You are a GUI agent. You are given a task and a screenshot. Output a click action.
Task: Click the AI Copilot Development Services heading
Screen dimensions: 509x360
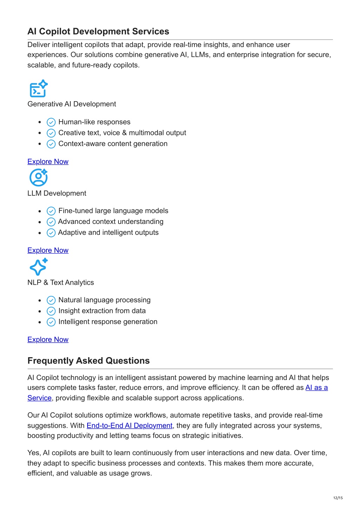pyautogui.click(x=98, y=32)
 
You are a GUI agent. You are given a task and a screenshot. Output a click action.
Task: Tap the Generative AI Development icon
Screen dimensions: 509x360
pyautogui.click(x=38, y=89)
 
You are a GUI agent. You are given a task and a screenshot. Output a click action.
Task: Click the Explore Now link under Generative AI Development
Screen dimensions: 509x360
pyautogui.click(x=48, y=162)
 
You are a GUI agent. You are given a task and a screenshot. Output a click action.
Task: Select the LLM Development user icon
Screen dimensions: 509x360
pyautogui.click(x=38, y=178)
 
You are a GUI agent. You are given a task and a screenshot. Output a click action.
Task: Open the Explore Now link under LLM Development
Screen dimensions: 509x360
pyautogui.click(x=48, y=250)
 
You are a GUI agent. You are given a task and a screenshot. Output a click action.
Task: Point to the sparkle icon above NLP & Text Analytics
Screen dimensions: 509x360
pyautogui.click(x=38, y=267)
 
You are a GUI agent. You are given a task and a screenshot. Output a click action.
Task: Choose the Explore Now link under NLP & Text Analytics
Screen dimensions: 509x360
pyautogui.click(x=48, y=340)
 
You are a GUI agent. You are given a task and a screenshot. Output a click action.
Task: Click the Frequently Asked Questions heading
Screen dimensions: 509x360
pyautogui.click(x=88, y=361)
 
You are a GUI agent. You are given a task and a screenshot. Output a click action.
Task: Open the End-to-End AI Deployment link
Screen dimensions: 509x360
pyautogui.click(x=129, y=426)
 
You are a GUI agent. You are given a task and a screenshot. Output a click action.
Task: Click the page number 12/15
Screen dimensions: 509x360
pyautogui.click(x=338, y=498)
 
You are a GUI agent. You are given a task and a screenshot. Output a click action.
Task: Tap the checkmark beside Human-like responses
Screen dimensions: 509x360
pyautogui.click(x=51, y=122)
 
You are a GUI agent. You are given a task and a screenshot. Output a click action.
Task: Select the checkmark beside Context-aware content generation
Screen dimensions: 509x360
pyautogui.click(x=51, y=144)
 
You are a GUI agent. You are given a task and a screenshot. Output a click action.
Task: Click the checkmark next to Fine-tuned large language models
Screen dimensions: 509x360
pyautogui.click(x=51, y=211)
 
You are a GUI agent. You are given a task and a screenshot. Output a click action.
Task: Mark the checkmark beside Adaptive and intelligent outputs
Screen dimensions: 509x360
pyautogui.click(x=51, y=233)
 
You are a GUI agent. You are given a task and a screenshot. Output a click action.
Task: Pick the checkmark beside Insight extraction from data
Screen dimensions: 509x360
pyautogui.click(x=51, y=311)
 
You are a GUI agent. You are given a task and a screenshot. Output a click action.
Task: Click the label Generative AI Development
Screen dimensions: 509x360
pyautogui.click(x=72, y=104)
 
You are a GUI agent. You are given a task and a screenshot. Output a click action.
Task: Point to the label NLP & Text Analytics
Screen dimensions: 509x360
pyautogui.click(x=60, y=283)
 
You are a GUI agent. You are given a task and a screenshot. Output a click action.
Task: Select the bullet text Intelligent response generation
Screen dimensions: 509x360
pyautogui.click(x=108, y=322)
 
